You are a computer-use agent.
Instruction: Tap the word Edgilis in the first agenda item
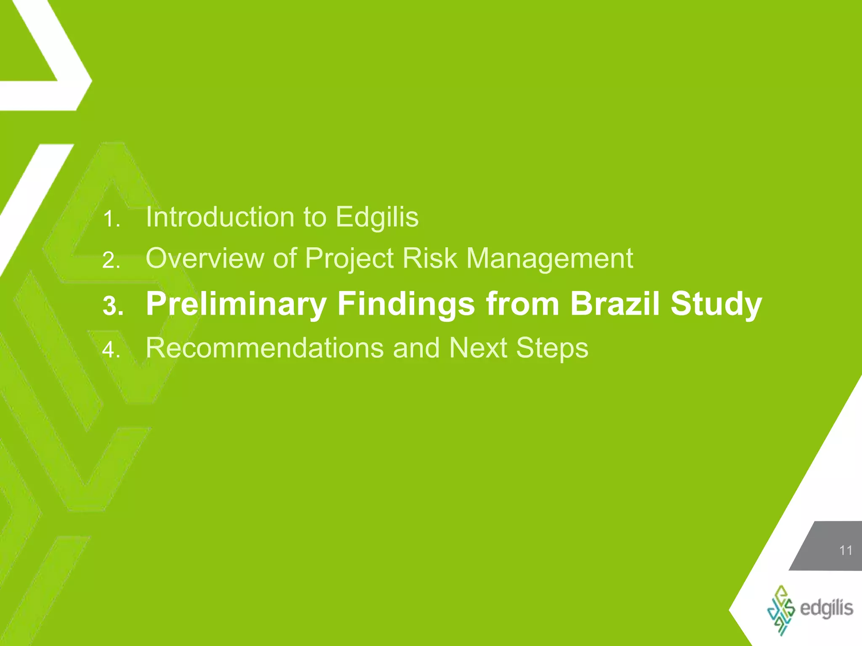coord(377,217)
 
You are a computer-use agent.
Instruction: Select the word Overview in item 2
coord(204,258)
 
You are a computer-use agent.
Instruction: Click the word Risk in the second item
coord(430,258)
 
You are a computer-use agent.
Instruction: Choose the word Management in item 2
coord(550,259)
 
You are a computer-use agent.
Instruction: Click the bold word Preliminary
coord(236,304)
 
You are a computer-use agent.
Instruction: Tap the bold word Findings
coord(406,304)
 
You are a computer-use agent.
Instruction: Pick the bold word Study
coord(716,304)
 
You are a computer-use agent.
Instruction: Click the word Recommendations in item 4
coord(264,348)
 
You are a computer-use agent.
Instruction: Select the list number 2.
coord(111,261)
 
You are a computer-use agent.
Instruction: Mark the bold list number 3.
coord(112,306)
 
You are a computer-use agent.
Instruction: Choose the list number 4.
coord(111,350)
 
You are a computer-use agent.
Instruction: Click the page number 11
coord(846,551)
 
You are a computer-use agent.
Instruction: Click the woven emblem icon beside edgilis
coord(781,610)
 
